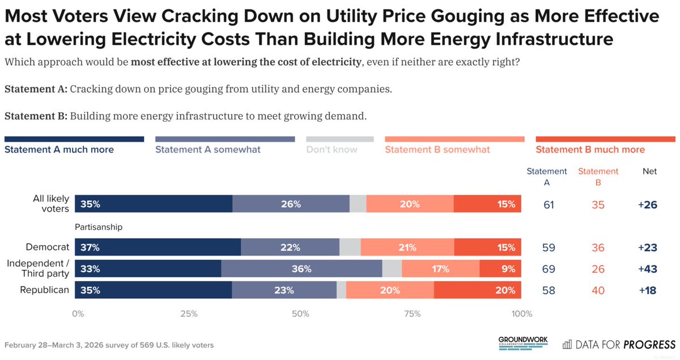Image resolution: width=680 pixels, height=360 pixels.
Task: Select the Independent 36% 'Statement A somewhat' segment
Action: click(301, 269)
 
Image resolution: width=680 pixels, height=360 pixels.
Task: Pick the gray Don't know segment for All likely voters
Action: click(358, 204)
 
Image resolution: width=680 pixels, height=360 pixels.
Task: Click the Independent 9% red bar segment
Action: click(500, 269)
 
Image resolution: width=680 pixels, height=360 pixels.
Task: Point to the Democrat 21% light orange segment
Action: click(407, 248)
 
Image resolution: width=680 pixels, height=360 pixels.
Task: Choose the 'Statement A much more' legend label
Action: click(59, 150)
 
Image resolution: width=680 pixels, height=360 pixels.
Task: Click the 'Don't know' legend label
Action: click(331, 150)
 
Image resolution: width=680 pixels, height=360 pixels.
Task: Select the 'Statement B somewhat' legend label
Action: click(437, 150)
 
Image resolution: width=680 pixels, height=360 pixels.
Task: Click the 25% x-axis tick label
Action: click(189, 314)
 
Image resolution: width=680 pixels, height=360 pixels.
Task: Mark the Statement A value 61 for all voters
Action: click(549, 204)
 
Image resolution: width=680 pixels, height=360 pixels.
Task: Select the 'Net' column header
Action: click(649, 171)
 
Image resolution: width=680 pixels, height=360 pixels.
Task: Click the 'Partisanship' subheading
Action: click(99, 227)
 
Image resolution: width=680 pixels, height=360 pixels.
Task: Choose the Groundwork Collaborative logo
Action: click(522, 343)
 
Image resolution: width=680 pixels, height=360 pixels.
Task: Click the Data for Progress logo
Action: click(619, 344)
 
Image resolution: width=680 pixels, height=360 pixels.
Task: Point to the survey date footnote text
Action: click(109, 345)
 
